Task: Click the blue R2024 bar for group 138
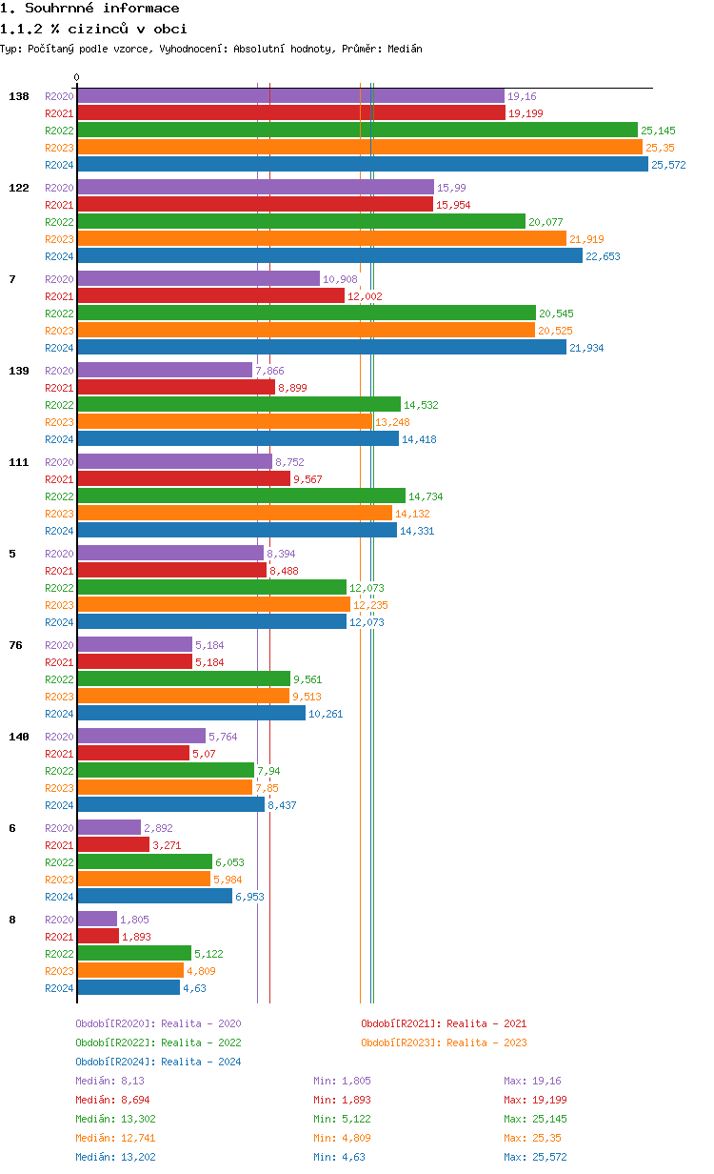[362, 165]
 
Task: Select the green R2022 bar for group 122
[301, 222]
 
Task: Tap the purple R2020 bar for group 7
[198, 279]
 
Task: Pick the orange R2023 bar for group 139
[225, 422]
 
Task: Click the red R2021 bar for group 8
[98, 937]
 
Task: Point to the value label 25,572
[668, 165]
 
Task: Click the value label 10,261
[326, 714]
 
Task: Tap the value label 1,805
[134, 920]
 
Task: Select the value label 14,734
[426, 496]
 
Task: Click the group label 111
[19, 462]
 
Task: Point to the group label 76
[15, 645]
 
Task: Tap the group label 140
[19, 737]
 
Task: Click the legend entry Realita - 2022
[158, 1042]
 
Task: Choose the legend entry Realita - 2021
[444, 1023]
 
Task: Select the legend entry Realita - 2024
[158, 1062]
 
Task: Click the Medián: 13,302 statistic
[112, 1119]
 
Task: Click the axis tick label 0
[77, 78]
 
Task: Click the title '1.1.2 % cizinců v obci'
[93, 29]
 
